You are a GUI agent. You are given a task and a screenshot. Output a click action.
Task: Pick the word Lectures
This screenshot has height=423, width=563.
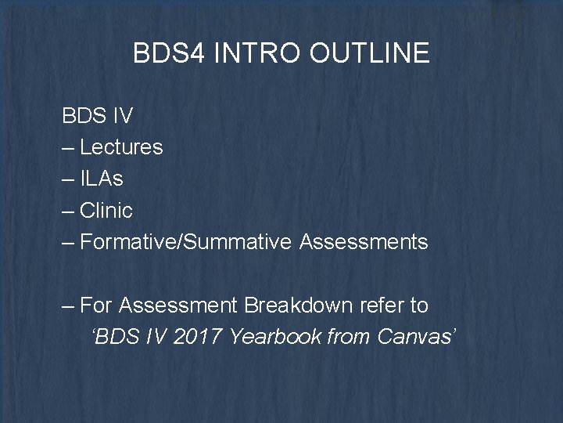pyautogui.click(x=121, y=147)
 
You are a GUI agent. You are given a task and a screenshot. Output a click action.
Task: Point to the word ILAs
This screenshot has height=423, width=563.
pyautogui.click(x=102, y=179)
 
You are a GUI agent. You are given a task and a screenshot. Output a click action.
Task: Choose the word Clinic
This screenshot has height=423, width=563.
pyautogui.click(x=106, y=210)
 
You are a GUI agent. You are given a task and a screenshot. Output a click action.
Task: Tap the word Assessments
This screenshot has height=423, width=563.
pyautogui.click(x=364, y=242)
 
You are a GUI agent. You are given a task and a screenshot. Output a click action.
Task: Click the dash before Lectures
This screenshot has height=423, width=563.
pyautogui.click(x=69, y=147)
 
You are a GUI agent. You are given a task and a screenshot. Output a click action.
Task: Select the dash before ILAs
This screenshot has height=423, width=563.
pyautogui.click(x=69, y=179)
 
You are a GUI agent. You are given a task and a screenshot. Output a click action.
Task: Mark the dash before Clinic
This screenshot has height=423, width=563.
pyautogui.click(x=69, y=210)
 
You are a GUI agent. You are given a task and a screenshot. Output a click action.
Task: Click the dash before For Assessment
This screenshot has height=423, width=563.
pyautogui.click(x=69, y=304)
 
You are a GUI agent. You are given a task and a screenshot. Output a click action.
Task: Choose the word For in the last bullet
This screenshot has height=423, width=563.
pyautogui.click(x=95, y=304)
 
